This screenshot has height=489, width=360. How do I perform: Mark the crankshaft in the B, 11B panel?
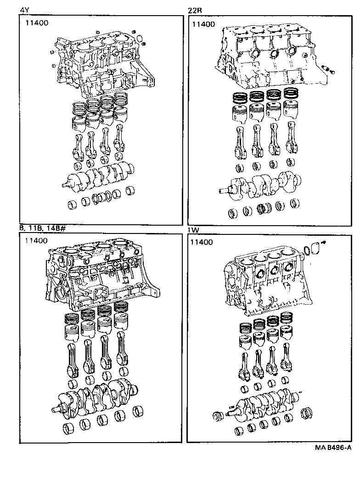click(x=96, y=395)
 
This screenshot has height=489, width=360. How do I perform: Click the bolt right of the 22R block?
click(x=327, y=69)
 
